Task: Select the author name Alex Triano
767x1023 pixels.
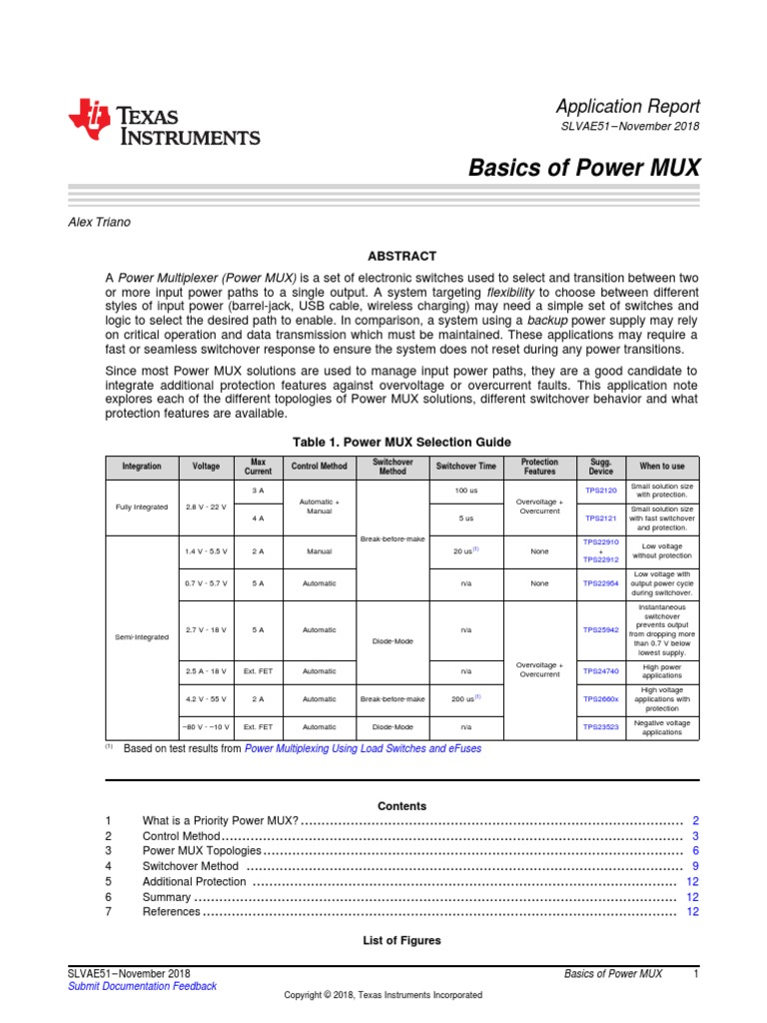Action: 98,222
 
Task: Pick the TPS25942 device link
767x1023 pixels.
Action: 601,630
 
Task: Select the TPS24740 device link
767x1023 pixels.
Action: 601,672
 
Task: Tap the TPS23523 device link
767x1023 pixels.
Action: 601,727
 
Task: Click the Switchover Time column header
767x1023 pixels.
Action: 465,467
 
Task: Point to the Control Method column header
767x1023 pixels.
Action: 319,467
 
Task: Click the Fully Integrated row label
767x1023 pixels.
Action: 141,506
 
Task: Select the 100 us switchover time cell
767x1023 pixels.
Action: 465,491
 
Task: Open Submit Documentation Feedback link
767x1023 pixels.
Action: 141,986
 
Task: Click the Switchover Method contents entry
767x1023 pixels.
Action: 190,866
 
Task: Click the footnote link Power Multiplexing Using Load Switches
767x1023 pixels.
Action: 362,748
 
